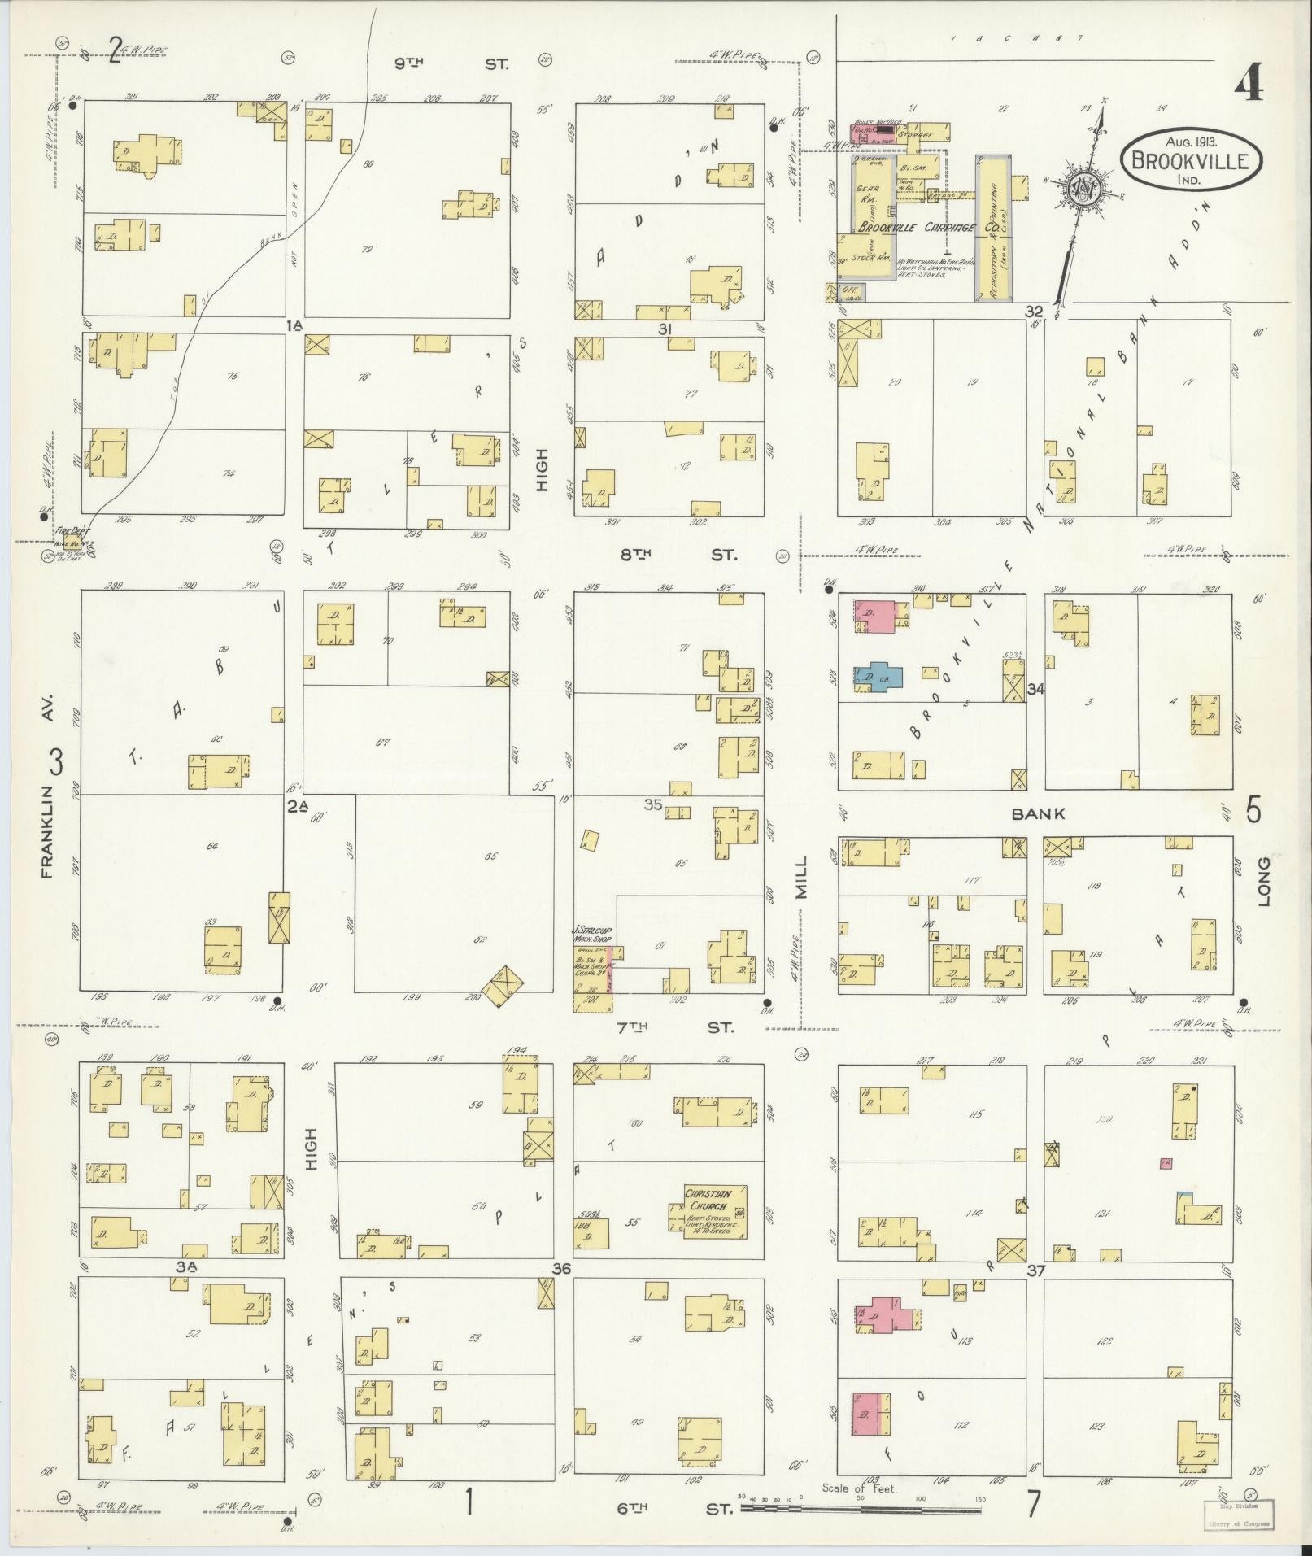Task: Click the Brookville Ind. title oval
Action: click(x=1192, y=159)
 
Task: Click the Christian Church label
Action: click(x=708, y=1199)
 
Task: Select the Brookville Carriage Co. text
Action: click(x=927, y=229)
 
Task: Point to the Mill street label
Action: click(x=803, y=877)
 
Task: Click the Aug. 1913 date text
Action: click(x=1189, y=141)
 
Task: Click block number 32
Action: click(x=1034, y=312)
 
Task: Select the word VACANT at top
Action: click(x=1025, y=38)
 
